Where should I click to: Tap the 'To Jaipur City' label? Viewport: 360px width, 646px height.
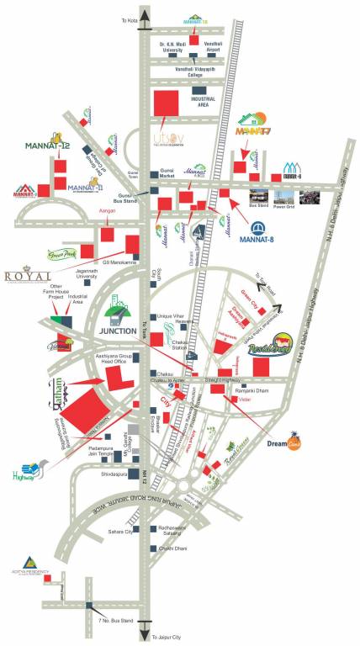point(168,638)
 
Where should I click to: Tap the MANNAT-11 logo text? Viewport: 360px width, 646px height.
point(84,188)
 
